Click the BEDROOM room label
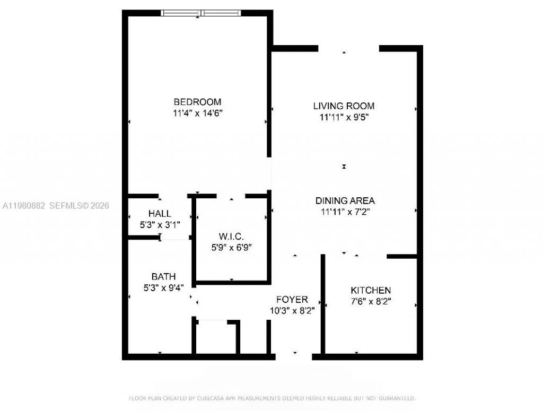197,102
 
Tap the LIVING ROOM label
344,106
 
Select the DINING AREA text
345,201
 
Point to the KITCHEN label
371,291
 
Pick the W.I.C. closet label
231,235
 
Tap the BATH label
163,276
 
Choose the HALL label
160,214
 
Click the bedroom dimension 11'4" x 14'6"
197,113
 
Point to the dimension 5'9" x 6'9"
231,247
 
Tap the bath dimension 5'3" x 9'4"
163,288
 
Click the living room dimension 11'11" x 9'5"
344,117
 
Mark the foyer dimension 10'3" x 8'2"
292,311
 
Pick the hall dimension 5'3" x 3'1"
160,225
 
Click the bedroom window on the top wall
200,13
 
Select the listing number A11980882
24,205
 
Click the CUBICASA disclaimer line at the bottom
271,398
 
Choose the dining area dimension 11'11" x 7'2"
345,212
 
